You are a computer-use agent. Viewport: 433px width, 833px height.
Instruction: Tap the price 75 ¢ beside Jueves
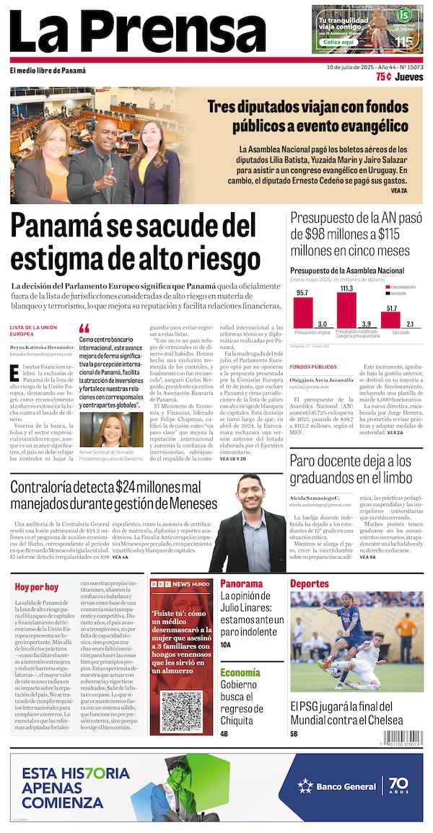pos(384,77)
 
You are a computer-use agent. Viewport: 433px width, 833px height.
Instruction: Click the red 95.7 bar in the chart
pos(302,313)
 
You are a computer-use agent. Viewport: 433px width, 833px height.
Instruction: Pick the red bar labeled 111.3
pos(346,308)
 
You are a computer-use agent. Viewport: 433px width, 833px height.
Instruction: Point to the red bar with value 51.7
pos(392,318)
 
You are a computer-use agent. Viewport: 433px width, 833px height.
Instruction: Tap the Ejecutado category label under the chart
pos(401,333)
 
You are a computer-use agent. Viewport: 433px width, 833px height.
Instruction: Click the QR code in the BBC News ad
pos(181,711)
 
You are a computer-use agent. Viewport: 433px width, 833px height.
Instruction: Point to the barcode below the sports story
pos(403,738)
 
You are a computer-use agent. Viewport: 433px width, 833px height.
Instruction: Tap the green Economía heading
pos(240,673)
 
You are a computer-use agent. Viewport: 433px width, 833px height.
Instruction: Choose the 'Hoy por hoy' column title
pos(37,586)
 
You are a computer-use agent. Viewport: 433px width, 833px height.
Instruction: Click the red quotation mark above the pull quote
pos(84,327)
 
